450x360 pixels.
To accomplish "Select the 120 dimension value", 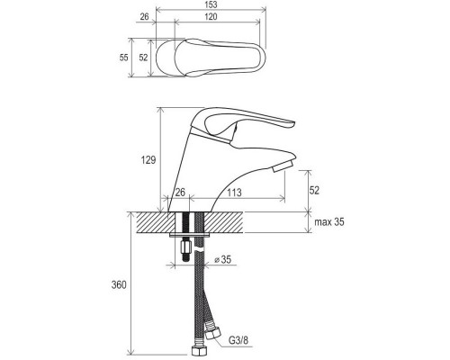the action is (211, 16).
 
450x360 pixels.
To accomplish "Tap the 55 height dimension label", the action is (123, 58).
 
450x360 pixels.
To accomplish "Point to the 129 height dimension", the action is (148, 160).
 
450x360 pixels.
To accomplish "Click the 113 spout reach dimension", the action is (234, 193).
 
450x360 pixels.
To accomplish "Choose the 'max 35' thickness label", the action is (329, 222).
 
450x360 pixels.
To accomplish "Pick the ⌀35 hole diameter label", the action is (223, 259).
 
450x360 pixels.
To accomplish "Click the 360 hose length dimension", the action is (119, 284).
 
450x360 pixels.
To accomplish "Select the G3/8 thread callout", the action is (238, 340).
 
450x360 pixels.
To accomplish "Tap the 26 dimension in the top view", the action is (144, 16).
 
